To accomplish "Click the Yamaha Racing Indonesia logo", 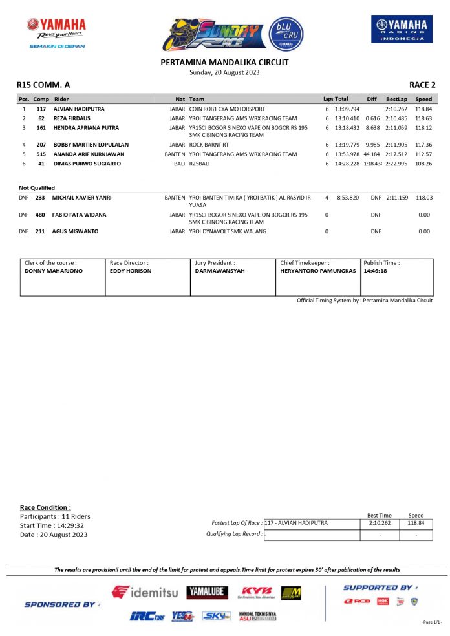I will [x=402, y=29].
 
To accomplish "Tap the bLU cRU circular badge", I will [x=286, y=34].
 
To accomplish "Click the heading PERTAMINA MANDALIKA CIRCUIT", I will [x=224, y=63].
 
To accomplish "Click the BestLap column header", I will [x=396, y=99].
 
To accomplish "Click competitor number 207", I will [x=41, y=145].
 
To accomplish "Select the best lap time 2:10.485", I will [x=396, y=119].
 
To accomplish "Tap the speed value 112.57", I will [x=423, y=154].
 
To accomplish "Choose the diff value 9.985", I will [x=372, y=145].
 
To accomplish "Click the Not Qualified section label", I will [x=37, y=188].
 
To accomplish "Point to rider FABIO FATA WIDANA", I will [x=80, y=215].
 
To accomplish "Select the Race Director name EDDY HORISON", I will [x=131, y=271].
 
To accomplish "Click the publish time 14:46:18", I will [x=375, y=271].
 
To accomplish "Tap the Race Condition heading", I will [x=45, y=507].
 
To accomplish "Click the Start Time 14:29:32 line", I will [x=52, y=525].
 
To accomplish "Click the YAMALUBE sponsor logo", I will [x=207, y=592].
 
